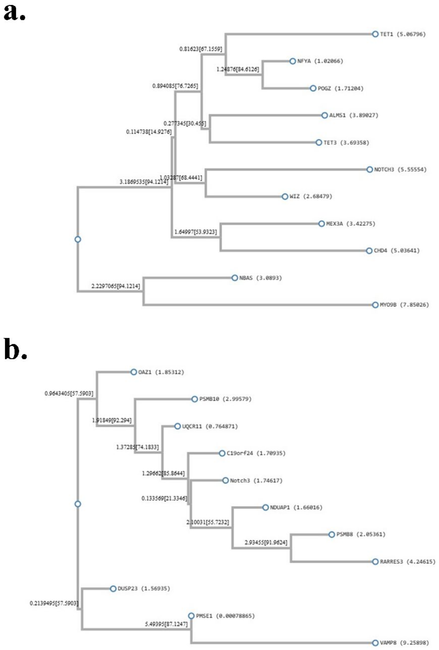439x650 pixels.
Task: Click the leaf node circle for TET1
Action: [375, 34]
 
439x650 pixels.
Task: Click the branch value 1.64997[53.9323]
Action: [195, 232]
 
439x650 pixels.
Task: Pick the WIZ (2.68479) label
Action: [311, 196]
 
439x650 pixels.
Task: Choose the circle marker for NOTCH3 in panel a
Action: [369, 169]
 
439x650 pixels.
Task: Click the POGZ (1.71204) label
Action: [340, 88]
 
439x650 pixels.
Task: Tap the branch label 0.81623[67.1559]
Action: [201, 49]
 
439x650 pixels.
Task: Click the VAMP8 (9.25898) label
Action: [404, 643]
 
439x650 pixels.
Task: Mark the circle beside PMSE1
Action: [191, 616]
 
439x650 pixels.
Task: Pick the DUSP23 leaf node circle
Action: [113, 589]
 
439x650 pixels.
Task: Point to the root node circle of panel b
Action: [78, 504]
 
